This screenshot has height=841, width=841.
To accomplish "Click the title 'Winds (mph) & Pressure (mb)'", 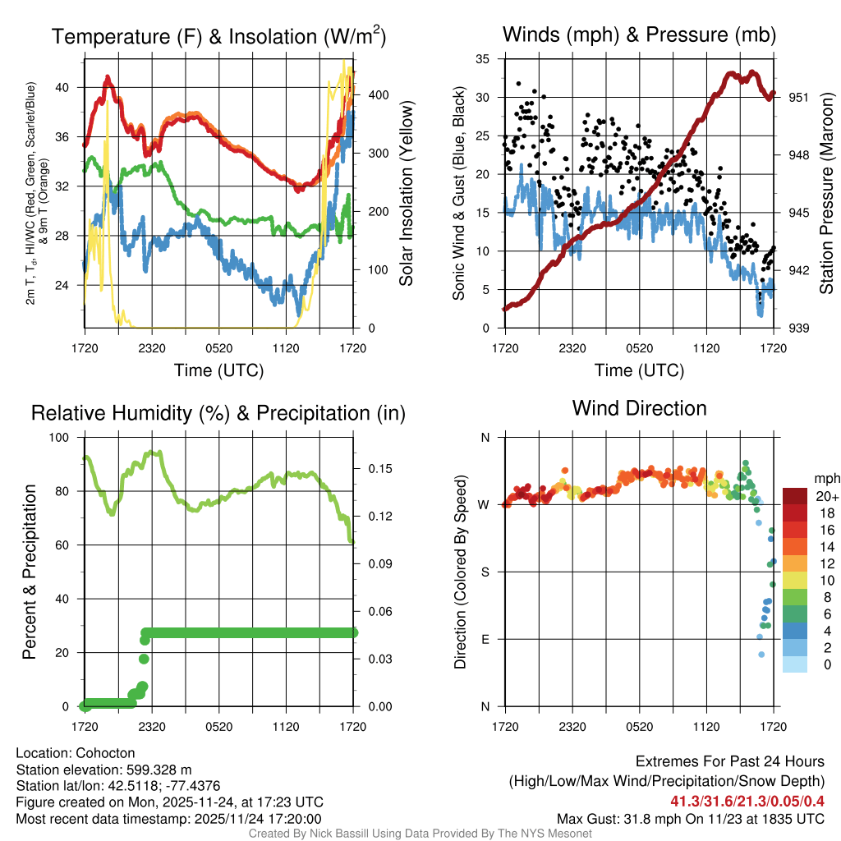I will [639, 34].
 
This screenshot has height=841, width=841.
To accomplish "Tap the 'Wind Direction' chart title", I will [639, 408].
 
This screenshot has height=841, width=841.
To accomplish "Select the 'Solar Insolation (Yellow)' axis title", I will [406, 194].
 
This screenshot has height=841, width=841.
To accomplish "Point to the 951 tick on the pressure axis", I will [799, 97].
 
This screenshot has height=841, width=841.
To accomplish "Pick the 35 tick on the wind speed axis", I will [483, 59].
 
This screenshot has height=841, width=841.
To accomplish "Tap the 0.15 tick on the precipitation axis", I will [372, 469].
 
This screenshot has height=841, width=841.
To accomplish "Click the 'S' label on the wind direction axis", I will [485, 572].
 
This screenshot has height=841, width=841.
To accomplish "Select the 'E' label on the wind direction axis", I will [485, 639].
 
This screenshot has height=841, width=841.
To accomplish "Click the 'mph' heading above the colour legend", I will [825, 478].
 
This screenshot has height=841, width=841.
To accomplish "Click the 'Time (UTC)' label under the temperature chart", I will [218, 370].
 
